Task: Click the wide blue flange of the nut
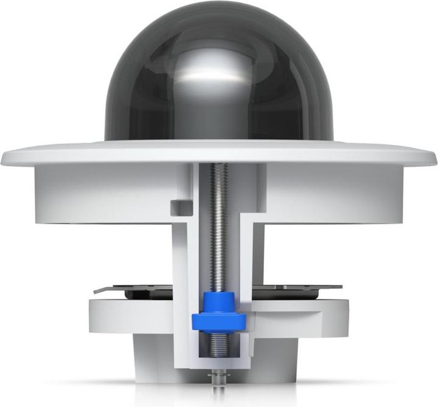point(218,321)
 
